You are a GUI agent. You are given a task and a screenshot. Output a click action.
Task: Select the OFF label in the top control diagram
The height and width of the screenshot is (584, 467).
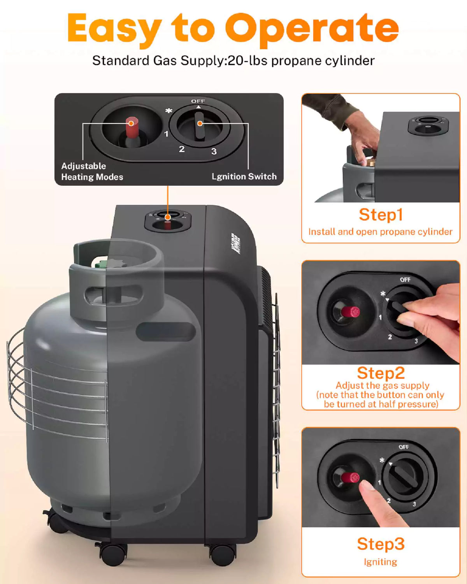pos(198,101)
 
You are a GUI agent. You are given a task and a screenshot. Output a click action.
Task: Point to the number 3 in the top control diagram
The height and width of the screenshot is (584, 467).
pos(214,151)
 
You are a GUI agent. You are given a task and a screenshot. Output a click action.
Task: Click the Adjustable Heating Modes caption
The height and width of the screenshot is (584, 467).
pos(92,172)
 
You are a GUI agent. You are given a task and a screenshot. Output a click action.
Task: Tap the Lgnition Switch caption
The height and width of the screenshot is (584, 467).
pos(244,177)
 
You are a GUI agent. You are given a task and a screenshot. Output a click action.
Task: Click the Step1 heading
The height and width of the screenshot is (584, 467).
pos(381,215)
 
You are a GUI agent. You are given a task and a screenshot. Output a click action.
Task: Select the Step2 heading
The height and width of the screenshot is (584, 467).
pos(381,373)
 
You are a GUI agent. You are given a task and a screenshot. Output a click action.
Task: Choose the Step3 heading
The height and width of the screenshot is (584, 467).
pos(381,544)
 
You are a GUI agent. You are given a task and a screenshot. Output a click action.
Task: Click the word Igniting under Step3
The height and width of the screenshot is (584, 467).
pos(380,562)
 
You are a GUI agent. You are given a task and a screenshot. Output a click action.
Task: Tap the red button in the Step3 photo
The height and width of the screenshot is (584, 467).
pos(349,477)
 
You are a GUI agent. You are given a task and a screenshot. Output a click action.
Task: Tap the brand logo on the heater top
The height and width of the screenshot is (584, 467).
pos(235,244)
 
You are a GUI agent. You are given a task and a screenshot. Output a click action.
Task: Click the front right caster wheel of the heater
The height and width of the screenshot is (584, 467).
pos(223,554)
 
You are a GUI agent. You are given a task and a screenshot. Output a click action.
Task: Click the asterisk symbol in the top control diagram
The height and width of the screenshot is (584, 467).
pos(169,111)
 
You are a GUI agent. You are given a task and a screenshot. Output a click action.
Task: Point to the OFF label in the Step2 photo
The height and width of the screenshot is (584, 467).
pos(405,280)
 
